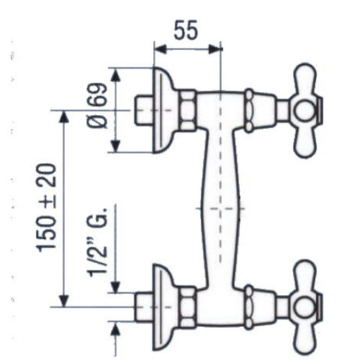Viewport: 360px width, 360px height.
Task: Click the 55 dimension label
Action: point(186,30)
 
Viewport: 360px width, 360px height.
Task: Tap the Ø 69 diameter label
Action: point(97,106)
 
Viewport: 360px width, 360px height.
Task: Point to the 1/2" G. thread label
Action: point(97,242)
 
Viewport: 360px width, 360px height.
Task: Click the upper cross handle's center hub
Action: point(304,111)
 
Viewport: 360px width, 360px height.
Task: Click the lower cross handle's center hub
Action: point(304,307)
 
